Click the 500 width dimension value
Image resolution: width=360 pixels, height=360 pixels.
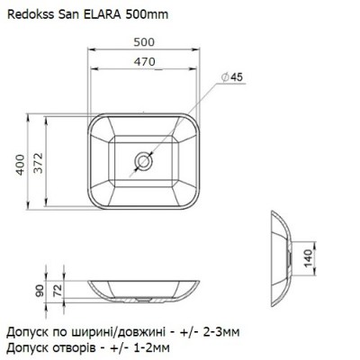(144, 41)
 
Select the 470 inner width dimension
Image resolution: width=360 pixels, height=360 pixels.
(145, 62)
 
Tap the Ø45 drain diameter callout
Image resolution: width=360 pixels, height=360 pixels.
(231, 77)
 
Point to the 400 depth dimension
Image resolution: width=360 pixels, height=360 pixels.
(20, 165)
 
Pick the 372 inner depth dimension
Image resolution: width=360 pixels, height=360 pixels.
(38, 163)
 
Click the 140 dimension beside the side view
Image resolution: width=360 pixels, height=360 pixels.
(308, 258)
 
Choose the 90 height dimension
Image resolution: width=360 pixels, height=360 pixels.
(40, 291)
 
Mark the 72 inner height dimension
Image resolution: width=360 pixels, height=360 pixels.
(57, 291)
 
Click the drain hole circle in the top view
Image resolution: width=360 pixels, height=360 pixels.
(144, 160)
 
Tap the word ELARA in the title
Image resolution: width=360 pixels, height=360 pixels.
(102, 14)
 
